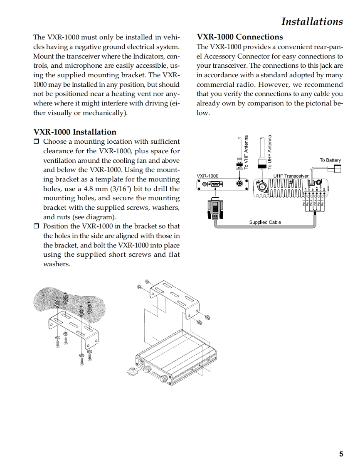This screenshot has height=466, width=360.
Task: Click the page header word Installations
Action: click(x=312, y=21)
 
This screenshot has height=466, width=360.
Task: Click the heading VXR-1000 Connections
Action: click(x=239, y=37)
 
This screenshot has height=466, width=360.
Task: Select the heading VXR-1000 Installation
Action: click(x=75, y=132)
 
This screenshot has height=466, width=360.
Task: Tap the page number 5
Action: click(x=341, y=454)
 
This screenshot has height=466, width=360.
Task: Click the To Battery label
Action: click(x=330, y=160)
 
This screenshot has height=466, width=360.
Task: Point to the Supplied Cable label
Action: click(x=265, y=222)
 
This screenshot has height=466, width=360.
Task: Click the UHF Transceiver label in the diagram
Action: click(x=291, y=176)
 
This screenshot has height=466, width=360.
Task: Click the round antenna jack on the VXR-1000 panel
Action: click(x=239, y=184)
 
